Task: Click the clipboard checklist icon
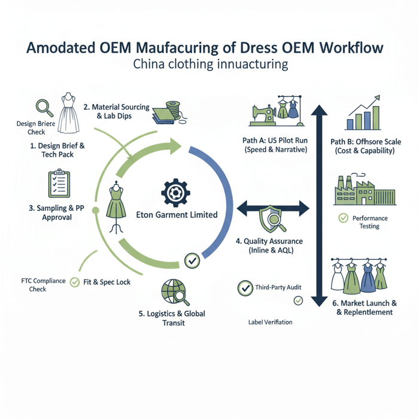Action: [58, 185]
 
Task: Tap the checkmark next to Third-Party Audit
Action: [244, 288]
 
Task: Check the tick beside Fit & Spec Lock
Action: [75, 281]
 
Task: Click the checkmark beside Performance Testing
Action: [343, 218]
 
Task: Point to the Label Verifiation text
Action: [270, 323]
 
